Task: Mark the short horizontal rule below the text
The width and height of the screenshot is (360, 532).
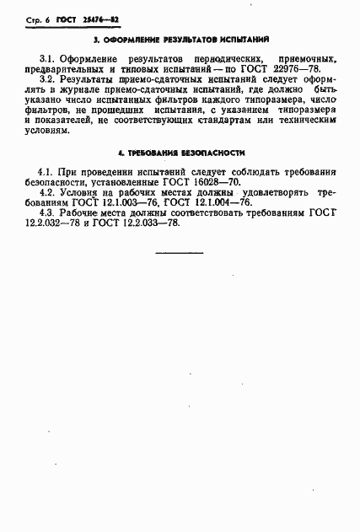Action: [180, 251]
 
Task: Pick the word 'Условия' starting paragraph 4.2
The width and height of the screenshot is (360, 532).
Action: [80, 192]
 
